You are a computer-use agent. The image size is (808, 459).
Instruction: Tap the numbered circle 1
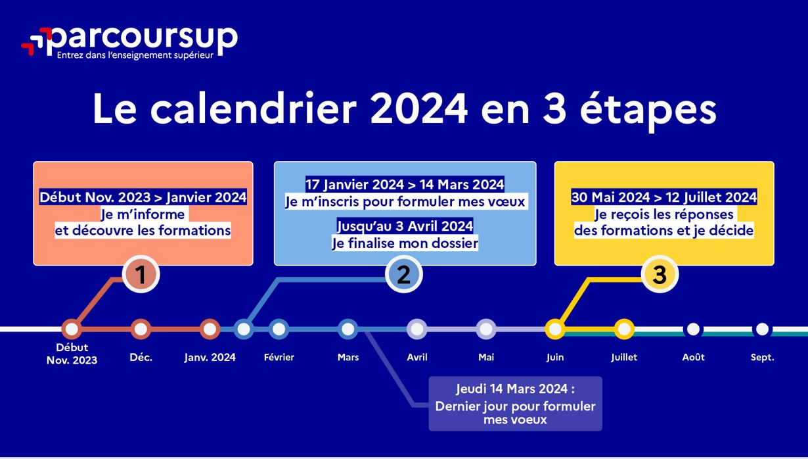click(141, 274)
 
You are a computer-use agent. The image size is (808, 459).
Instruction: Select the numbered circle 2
click(403, 274)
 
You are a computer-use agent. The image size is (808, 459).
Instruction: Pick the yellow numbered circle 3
click(660, 274)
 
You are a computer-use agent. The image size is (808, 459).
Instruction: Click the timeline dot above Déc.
click(141, 329)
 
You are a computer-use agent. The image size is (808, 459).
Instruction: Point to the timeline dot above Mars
click(348, 329)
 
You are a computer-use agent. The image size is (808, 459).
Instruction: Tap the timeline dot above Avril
click(417, 329)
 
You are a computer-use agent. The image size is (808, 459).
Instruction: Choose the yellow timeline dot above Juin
click(555, 329)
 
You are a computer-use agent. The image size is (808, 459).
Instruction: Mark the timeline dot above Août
click(693, 329)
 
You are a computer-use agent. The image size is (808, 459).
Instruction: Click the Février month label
click(279, 357)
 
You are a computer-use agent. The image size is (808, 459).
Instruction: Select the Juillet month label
click(624, 357)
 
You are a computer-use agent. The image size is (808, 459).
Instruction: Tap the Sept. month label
click(762, 358)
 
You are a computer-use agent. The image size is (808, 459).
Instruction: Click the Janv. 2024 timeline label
click(210, 357)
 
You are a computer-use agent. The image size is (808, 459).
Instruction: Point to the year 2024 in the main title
click(419, 109)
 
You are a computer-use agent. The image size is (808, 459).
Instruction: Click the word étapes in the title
click(648, 109)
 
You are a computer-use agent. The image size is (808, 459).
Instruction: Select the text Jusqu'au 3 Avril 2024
click(405, 226)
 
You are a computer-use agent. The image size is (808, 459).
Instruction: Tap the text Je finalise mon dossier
click(405, 243)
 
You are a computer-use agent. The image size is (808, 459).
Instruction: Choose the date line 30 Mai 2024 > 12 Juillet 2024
click(663, 197)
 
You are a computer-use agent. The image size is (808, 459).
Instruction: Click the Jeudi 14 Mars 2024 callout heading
click(515, 389)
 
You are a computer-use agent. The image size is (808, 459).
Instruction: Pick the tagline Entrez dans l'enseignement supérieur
click(135, 55)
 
